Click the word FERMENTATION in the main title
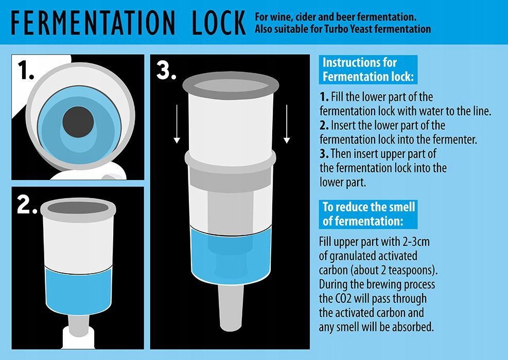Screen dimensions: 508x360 93,23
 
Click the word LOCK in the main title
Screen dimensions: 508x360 219,23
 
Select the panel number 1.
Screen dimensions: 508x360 25,70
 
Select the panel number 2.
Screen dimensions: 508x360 27,205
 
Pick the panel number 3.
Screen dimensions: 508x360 166,70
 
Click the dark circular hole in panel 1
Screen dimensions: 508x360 78,122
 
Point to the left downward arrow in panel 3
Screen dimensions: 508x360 177,124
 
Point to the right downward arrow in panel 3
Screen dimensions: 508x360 287,124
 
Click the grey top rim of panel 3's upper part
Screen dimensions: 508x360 231,85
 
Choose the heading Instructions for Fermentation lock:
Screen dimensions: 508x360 368,69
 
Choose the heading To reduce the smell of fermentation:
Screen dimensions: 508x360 368,214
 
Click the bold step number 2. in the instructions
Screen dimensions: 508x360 324,125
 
